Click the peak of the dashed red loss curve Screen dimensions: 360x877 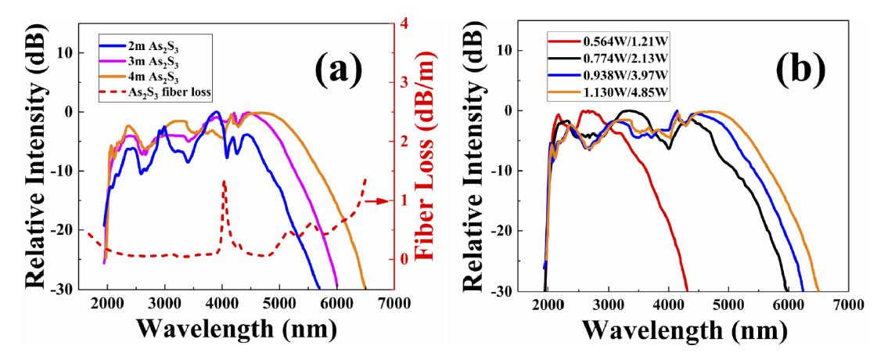point(224,182)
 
